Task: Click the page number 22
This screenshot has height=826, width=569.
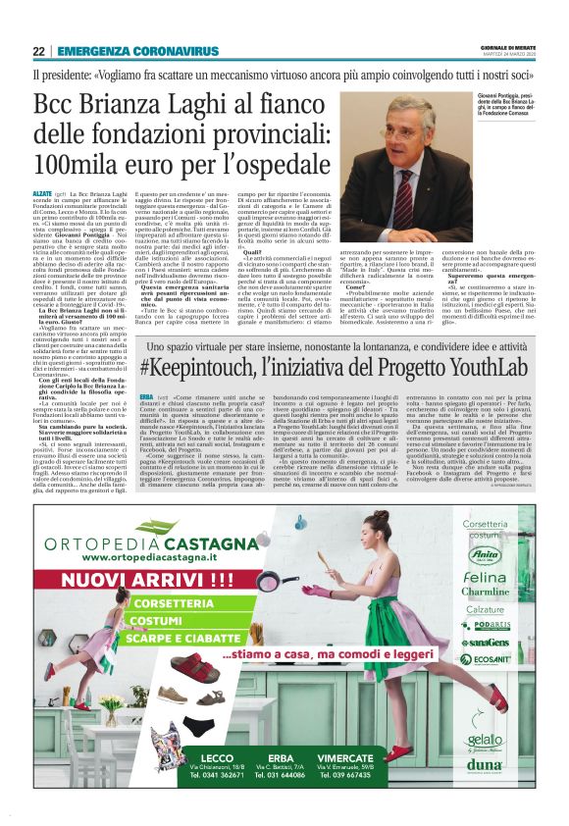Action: point(38,51)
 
